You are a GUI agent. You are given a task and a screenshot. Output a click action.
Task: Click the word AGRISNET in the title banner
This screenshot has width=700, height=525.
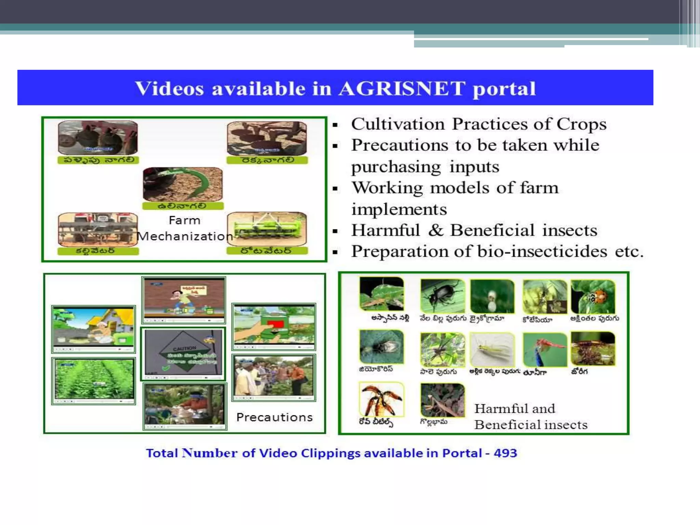point(402,89)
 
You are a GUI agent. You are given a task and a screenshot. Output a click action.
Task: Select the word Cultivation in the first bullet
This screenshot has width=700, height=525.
point(398,124)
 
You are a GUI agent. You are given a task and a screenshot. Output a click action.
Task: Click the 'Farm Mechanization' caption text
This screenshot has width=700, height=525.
point(185,228)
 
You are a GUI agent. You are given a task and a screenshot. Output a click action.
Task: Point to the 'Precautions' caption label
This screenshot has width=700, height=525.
point(274,417)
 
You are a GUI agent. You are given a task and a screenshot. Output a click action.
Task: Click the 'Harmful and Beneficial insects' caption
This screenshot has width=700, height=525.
point(530,417)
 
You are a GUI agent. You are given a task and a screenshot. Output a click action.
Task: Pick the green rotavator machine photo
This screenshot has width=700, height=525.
point(267,229)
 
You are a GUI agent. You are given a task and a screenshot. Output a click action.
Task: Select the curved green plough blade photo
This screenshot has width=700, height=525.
point(183,184)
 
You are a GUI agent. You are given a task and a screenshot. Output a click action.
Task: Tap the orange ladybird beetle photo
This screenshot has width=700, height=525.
point(593,296)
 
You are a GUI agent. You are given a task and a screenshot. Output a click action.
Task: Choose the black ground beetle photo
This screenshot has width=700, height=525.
point(442,296)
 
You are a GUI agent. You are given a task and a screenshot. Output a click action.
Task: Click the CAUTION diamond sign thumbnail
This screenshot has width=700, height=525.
point(183,354)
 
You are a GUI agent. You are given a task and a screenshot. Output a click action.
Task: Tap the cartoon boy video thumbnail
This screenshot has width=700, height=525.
point(184,299)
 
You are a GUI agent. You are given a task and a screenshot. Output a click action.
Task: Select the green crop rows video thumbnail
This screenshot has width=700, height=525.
point(94,380)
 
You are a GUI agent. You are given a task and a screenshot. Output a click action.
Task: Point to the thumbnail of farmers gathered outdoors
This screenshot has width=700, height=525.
point(273,377)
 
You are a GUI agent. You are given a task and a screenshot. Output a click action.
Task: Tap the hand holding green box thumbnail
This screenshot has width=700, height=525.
point(273,326)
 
